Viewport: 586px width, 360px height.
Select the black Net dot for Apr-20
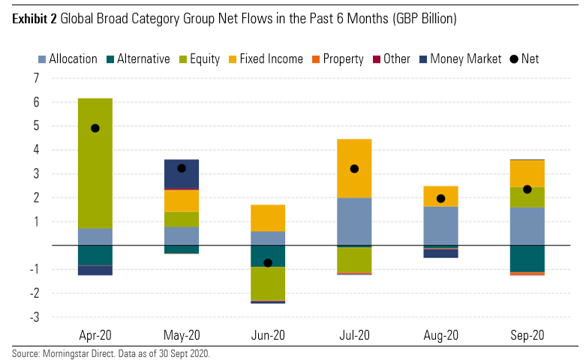point(95,128)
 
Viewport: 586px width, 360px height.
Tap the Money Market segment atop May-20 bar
point(182,174)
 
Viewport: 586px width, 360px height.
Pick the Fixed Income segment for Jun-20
point(268,217)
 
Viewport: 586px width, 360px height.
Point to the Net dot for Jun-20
point(268,262)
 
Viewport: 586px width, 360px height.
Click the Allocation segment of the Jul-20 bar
point(354,221)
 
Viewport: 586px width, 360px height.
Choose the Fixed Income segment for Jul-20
point(354,168)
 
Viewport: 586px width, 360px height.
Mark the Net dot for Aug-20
point(440,199)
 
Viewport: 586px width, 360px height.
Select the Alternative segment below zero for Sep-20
point(527,258)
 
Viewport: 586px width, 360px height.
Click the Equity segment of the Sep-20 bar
point(527,196)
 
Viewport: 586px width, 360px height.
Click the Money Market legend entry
point(455,58)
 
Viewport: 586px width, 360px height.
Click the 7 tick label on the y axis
point(35,78)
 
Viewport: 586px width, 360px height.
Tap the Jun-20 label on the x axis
point(268,336)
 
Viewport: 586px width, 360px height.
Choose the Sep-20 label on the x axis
point(527,336)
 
